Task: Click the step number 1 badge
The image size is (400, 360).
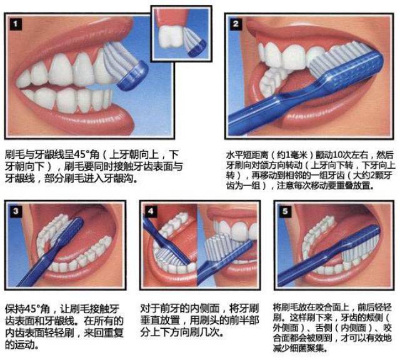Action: (x=16, y=24)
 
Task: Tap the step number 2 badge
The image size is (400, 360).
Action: (x=236, y=24)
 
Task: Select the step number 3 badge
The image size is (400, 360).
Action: (x=16, y=211)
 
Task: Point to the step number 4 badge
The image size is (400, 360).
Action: (x=151, y=211)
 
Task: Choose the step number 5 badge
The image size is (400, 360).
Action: (x=285, y=211)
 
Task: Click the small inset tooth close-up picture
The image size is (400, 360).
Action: (x=181, y=34)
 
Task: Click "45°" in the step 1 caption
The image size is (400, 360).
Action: (x=82, y=154)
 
